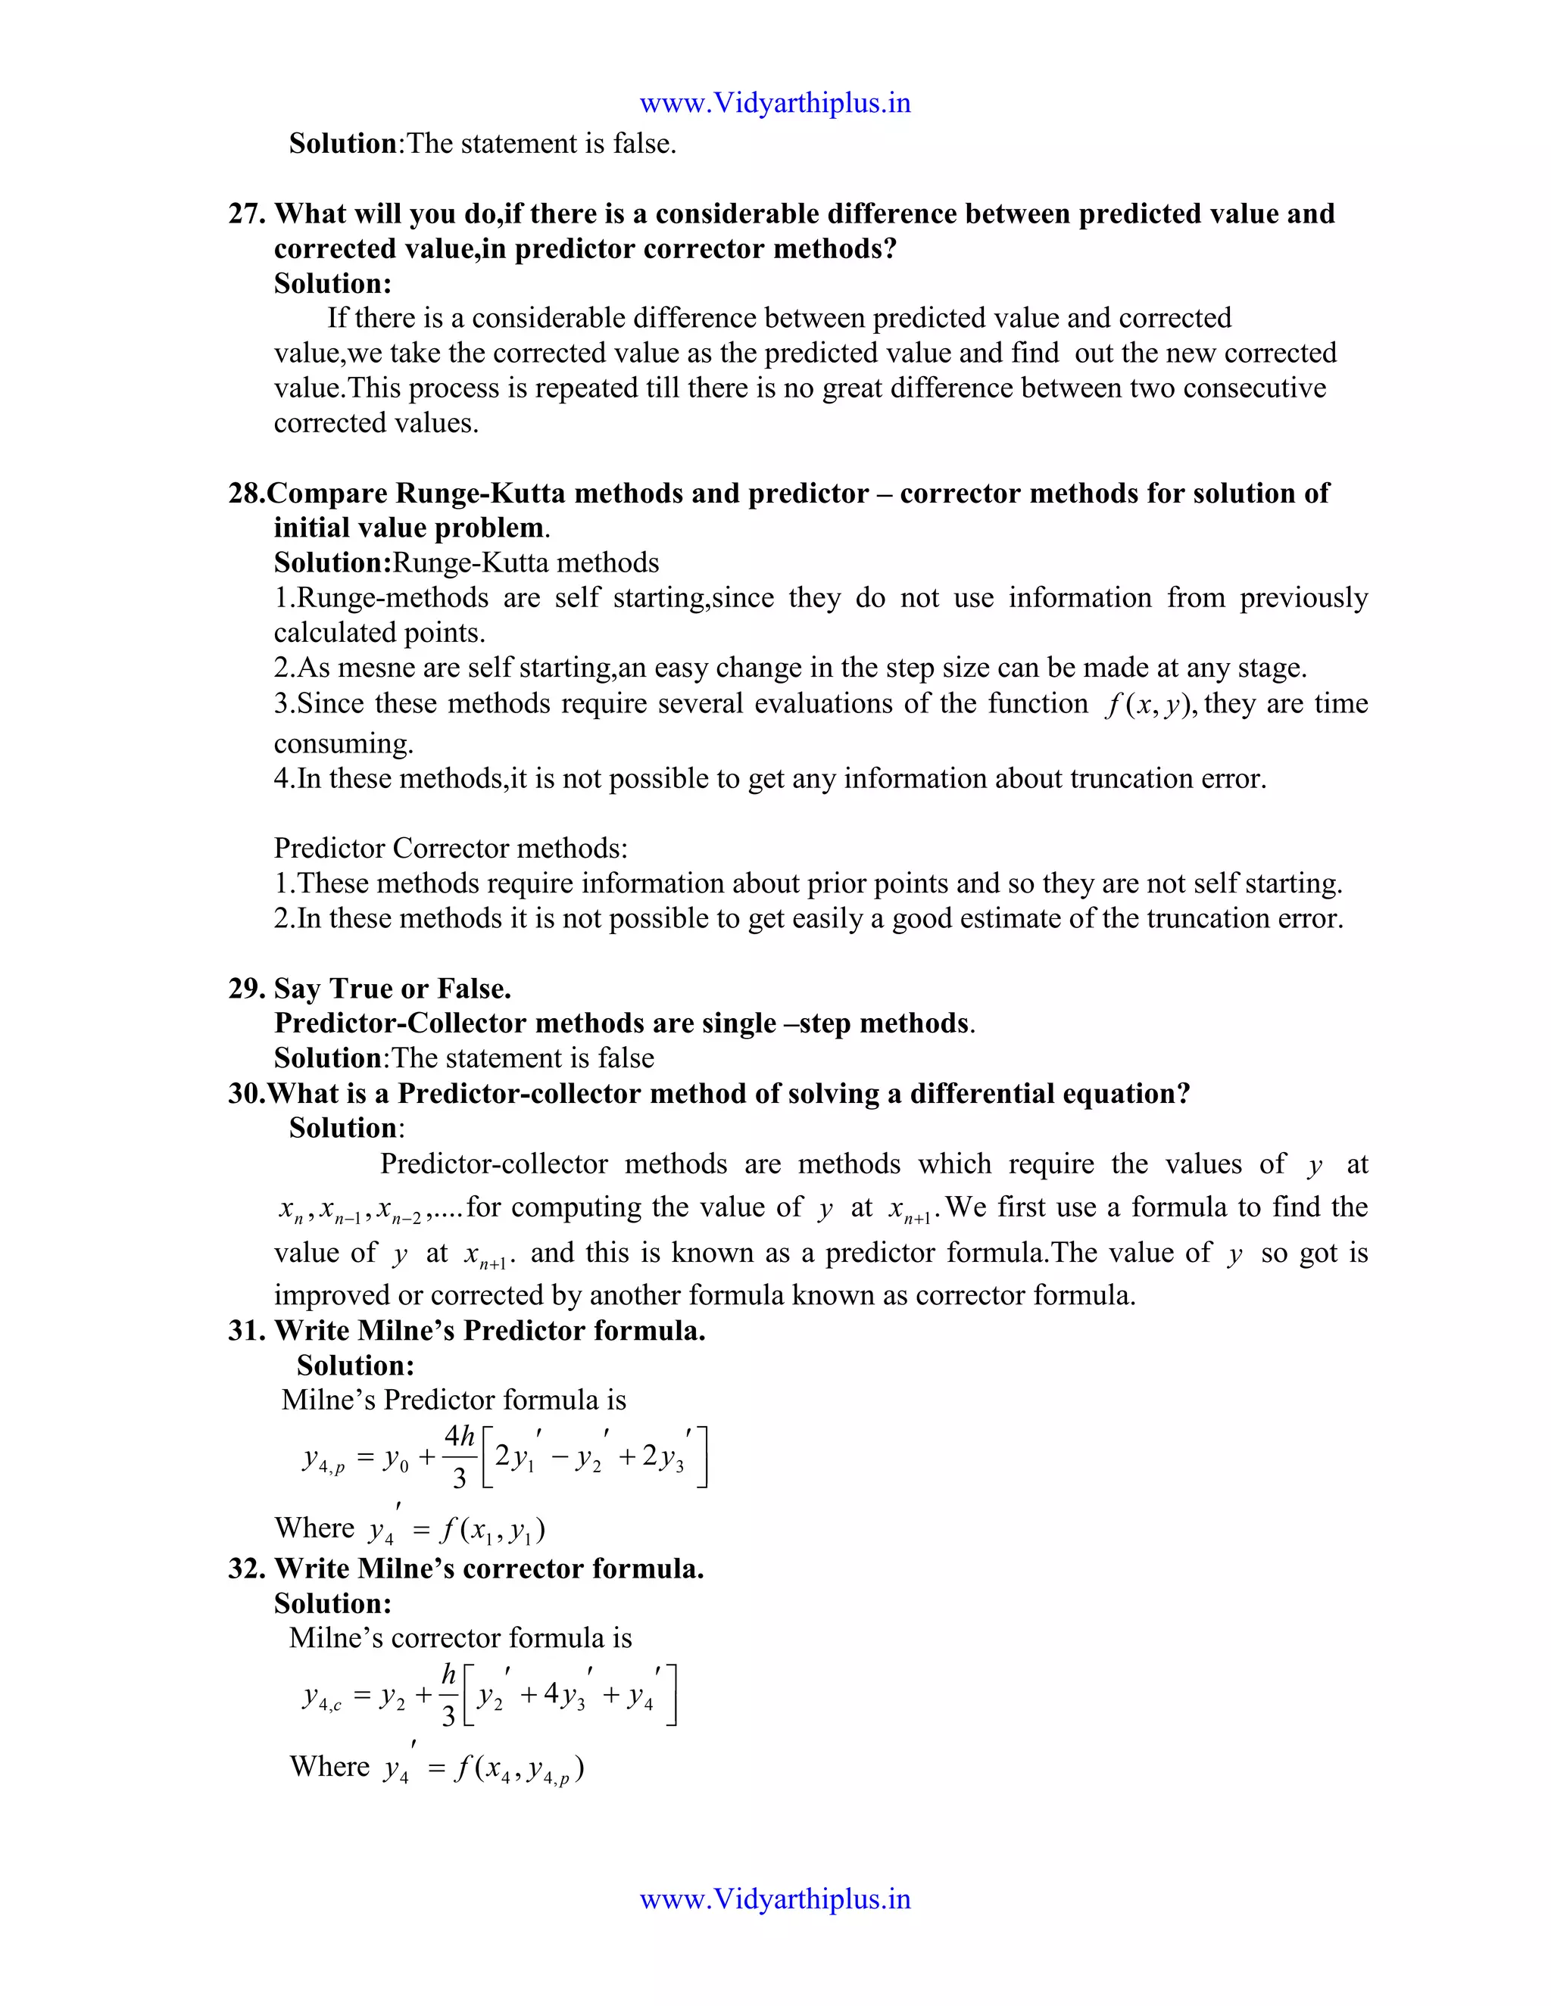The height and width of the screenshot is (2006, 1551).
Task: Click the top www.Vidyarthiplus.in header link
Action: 775,103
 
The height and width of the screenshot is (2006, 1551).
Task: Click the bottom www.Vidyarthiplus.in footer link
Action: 775,1899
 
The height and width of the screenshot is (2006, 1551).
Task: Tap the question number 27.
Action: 245,213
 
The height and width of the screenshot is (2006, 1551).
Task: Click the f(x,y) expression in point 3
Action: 1149,705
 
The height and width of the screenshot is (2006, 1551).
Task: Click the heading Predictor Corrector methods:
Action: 451,848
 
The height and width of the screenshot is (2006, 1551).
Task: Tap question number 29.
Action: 245,989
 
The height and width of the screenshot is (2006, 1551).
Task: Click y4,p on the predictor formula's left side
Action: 323,1459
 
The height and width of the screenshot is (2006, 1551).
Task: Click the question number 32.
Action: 245,1568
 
